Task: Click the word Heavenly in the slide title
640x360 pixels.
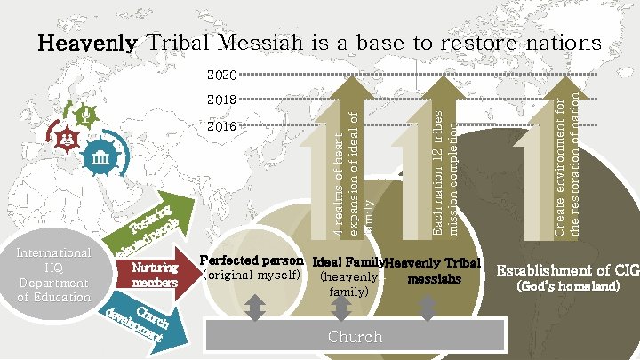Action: click(x=86, y=43)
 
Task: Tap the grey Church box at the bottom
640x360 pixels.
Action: click(x=356, y=337)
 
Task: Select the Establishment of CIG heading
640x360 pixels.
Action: click(x=567, y=270)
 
